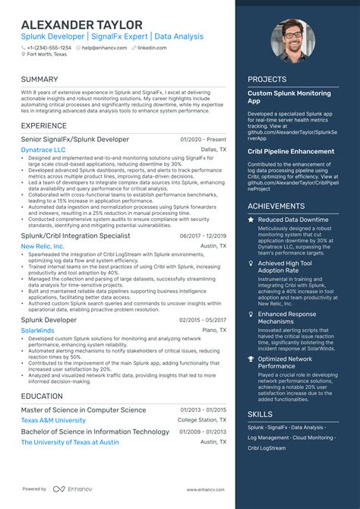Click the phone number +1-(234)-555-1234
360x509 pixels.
pos(49,47)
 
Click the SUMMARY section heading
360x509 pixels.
pos(39,79)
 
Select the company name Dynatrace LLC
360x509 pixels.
pos(43,150)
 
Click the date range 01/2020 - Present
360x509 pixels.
pos(203,140)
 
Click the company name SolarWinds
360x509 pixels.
pos(37,331)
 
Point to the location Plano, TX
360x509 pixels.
pos(213,331)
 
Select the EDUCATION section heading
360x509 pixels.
pos(42,396)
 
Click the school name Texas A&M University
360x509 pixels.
pos(53,420)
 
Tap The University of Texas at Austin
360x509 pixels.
pos(70,442)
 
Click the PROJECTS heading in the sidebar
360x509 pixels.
pos(268,79)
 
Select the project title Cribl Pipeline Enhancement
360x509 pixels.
pos(291,151)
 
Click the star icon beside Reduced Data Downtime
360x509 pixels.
pos(251,220)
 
